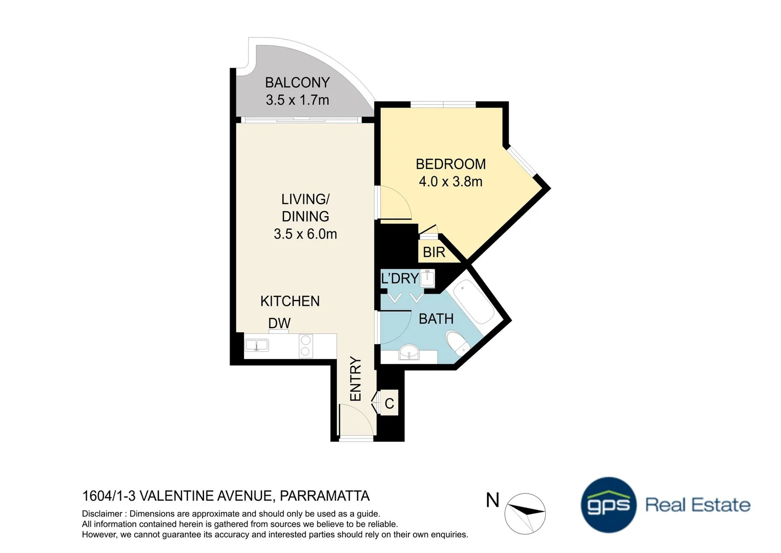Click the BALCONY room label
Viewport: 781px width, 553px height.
(297, 82)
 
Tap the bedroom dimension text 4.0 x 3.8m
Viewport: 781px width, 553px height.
(450, 182)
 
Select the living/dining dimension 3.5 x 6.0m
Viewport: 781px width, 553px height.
(305, 234)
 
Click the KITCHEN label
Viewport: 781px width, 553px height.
(290, 301)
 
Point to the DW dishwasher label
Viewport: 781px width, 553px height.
(279, 323)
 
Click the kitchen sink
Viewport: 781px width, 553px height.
(257, 345)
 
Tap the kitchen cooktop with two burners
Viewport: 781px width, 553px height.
(305, 346)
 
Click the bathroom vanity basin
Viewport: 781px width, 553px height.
(409, 353)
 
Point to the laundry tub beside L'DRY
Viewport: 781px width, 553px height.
(427, 278)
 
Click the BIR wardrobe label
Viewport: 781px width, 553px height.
(434, 252)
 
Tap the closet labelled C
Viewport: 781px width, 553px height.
(389, 403)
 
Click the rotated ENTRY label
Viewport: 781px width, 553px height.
(356, 379)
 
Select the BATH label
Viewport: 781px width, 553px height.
(436, 319)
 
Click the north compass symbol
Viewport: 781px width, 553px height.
(525, 513)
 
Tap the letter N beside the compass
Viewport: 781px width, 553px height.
(492, 500)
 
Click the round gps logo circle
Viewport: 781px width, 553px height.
(608, 505)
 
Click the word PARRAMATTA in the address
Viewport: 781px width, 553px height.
(325, 496)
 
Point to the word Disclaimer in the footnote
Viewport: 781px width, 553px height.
(102, 514)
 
